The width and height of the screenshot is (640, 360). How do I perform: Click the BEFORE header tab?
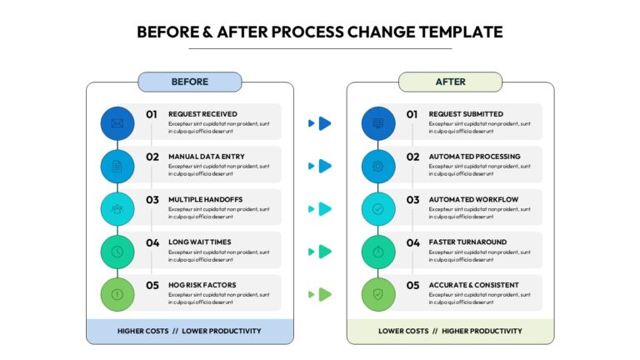tap(190, 82)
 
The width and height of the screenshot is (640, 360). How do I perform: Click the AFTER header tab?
tap(450, 82)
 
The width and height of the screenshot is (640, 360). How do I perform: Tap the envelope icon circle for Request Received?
tap(117, 123)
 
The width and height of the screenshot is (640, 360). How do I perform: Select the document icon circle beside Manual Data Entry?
tap(117, 166)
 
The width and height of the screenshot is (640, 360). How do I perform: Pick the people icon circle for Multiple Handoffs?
tap(117, 209)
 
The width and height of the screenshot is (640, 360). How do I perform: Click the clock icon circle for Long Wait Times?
tap(117, 252)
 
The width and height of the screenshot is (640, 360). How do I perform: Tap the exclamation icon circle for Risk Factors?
tap(117, 294)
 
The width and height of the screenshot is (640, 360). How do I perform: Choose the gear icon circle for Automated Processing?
tap(378, 166)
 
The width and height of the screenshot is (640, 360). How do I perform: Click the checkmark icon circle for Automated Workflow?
tap(378, 209)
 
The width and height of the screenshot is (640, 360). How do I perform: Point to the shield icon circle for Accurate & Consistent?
tap(378, 294)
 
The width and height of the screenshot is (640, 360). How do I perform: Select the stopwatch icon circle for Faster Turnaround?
tap(378, 252)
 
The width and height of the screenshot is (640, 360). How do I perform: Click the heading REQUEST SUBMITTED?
tap(466, 114)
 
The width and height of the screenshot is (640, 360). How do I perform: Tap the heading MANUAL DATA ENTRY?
tap(207, 157)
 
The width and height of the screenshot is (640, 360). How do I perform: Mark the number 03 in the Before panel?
tap(152, 200)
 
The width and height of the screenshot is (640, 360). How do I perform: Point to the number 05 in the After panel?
tap(412, 285)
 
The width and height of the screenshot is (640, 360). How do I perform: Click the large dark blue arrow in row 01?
tap(324, 123)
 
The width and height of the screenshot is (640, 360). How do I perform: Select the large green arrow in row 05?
tap(324, 294)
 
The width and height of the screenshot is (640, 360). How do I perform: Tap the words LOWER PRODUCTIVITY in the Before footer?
tap(221, 331)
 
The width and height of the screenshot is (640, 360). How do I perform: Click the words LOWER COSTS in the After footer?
tap(403, 331)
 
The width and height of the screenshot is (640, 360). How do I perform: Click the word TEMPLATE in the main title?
tap(461, 32)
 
